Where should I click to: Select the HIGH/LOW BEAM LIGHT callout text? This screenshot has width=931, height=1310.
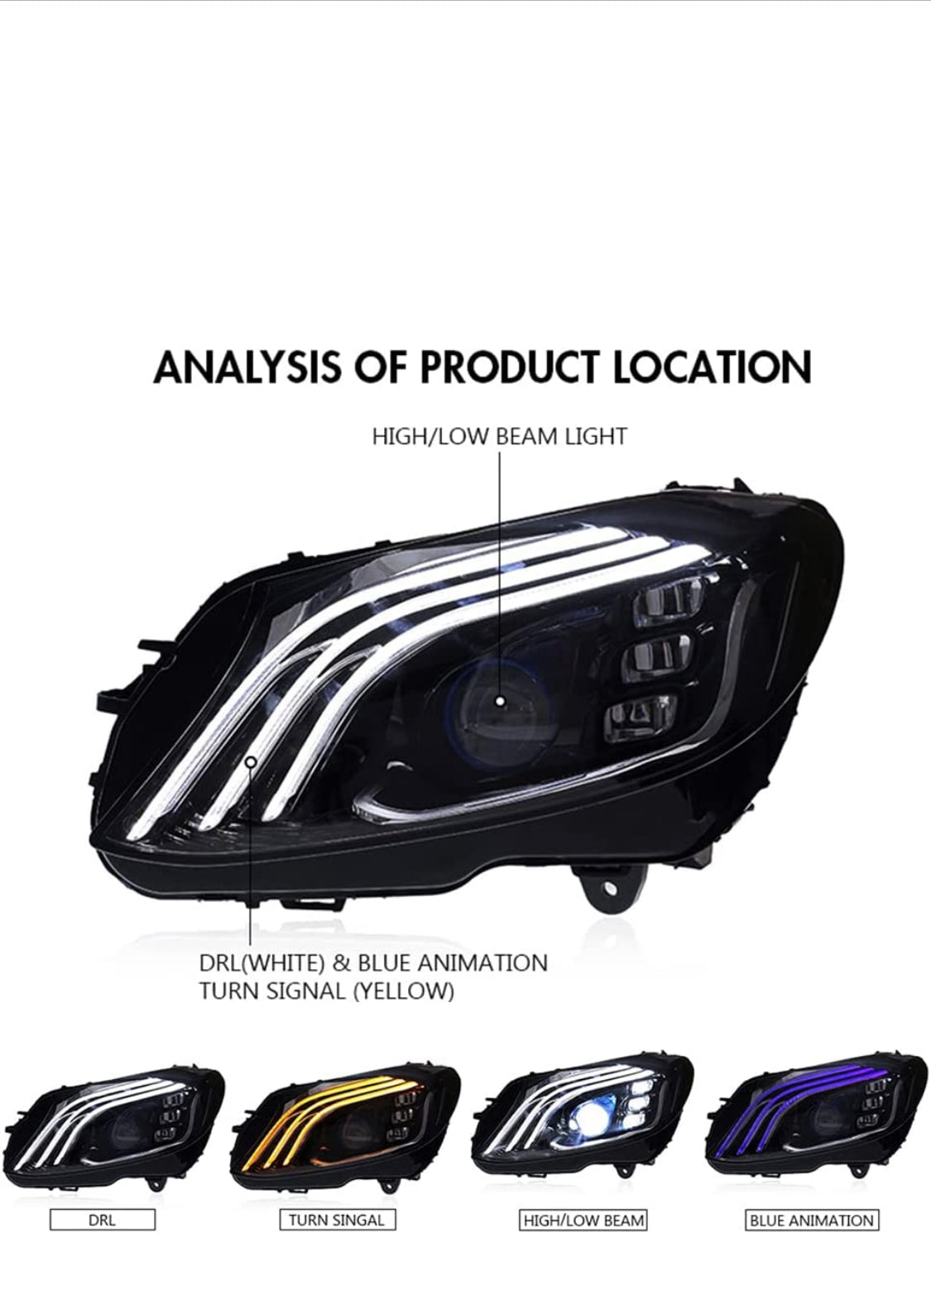(x=499, y=436)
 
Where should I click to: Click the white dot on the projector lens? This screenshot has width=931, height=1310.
(x=500, y=701)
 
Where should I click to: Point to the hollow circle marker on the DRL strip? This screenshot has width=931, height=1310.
(x=252, y=761)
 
